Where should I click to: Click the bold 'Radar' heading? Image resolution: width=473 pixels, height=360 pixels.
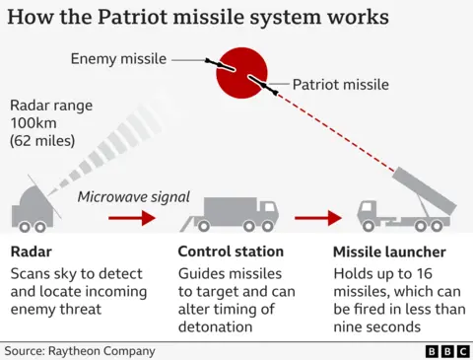coord(31,252)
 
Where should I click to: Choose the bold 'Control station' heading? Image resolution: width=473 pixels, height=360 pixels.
coord(231,252)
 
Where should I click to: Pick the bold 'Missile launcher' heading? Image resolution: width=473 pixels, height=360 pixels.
coord(389,252)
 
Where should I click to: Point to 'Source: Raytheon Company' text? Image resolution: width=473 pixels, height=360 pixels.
coord(80,350)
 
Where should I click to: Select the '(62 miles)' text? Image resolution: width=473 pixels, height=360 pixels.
coord(43,142)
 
